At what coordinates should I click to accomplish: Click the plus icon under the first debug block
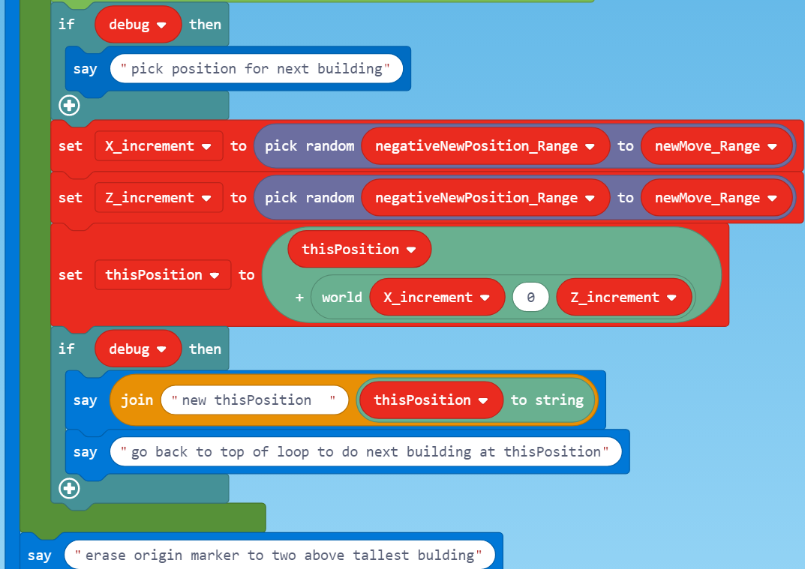pos(70,106)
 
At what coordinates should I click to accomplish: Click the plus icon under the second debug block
pos(70,489)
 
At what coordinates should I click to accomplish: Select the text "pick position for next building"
pos(256,69)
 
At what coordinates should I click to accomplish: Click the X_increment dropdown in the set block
pos(158,146)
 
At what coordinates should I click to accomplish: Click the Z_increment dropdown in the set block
pos(158,198)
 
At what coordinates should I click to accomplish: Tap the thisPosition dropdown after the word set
pos(163,275)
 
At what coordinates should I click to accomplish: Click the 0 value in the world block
pos(531,298)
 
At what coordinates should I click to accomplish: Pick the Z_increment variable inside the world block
pos(623,298)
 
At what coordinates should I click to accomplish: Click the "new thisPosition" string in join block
pos(254,400)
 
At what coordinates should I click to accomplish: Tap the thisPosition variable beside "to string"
pos(431,400)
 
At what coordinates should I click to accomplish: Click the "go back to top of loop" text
pos(365,452)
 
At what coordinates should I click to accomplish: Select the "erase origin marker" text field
pos(279,556)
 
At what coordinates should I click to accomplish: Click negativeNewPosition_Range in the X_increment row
pos(485,146)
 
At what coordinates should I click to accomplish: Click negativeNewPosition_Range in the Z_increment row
pos(485,198)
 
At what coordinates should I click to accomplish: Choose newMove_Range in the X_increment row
pos(717,146)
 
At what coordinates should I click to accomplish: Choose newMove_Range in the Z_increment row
pos(717,198)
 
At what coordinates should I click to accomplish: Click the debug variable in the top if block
pos(138,24)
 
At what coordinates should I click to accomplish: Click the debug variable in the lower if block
pos(138,349)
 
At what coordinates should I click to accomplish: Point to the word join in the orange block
pos(137,400)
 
